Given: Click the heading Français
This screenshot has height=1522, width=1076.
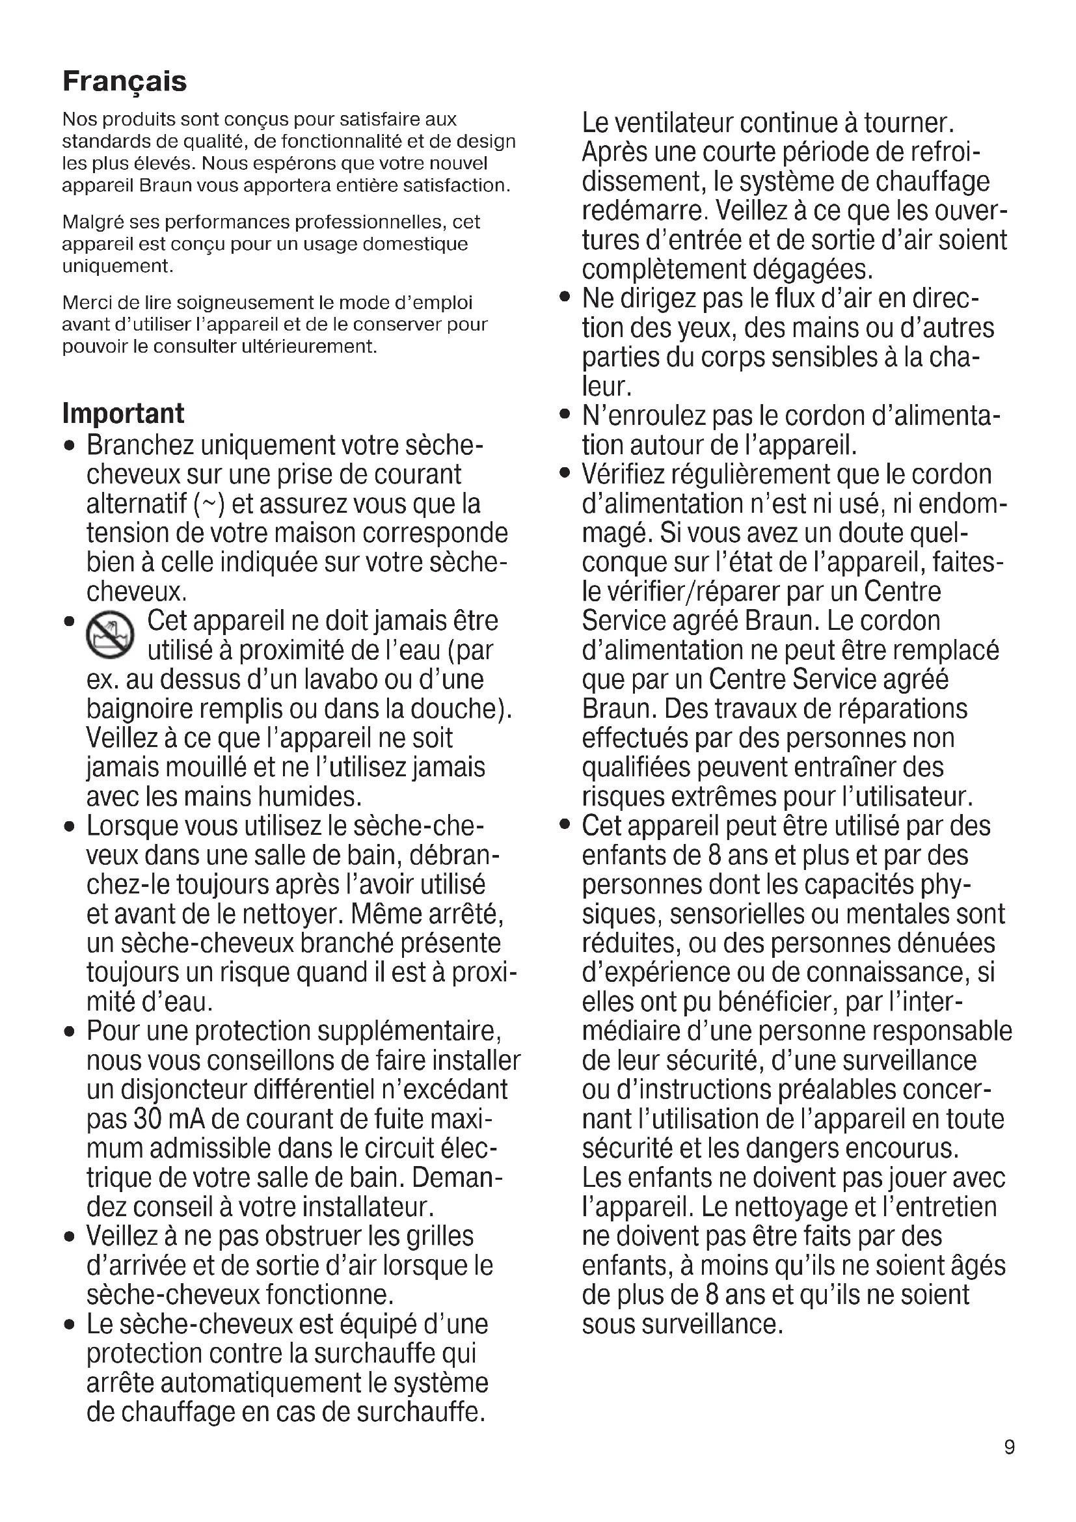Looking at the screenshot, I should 124,82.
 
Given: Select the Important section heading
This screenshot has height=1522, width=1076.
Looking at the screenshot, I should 123,414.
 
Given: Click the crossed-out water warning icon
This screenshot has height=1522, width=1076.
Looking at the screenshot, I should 110,635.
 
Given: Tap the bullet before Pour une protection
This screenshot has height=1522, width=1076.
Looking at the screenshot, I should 69,1033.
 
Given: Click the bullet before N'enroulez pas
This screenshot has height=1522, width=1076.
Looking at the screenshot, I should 565,416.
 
